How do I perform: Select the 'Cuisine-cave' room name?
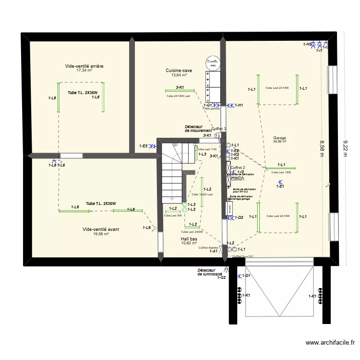179,70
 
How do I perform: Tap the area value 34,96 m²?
279,142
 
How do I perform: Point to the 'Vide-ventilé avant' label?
101,229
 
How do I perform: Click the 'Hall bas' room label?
189,239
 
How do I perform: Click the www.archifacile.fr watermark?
330,343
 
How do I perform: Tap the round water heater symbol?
213,62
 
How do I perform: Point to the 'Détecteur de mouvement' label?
198,129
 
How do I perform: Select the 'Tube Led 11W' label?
207,149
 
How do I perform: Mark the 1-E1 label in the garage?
281,186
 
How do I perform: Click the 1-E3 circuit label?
143,146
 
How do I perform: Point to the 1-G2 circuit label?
221,277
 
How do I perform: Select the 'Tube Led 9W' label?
172,216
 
